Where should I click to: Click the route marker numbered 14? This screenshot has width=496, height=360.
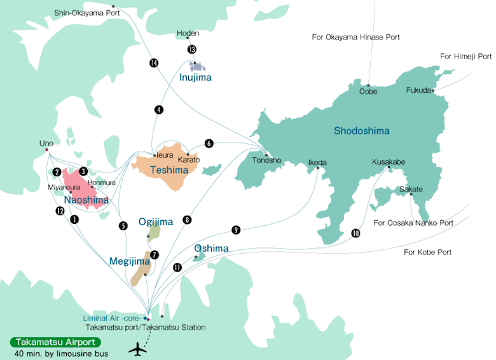coord(153,62)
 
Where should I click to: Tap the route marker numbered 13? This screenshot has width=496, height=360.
coord(192,50)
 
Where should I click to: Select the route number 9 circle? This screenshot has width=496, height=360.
coord(236,230)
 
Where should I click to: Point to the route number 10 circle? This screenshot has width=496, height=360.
coord(355,233)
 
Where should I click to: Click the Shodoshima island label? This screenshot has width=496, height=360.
coord(362,132)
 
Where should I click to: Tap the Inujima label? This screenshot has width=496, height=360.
coord(195,78)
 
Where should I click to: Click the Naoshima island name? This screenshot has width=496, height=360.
coord(85,200)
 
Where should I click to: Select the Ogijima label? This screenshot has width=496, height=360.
coord(156,222)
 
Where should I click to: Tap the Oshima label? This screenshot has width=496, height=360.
coord(210,247)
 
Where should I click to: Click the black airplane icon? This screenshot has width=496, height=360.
coord(137,349)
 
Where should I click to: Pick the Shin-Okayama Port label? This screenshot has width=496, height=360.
coord(86,12)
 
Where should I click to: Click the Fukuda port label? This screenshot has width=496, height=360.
coord(418,90)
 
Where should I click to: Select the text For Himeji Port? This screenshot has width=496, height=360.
coord(465,57)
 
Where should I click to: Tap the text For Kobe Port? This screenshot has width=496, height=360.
coord(427,253)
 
